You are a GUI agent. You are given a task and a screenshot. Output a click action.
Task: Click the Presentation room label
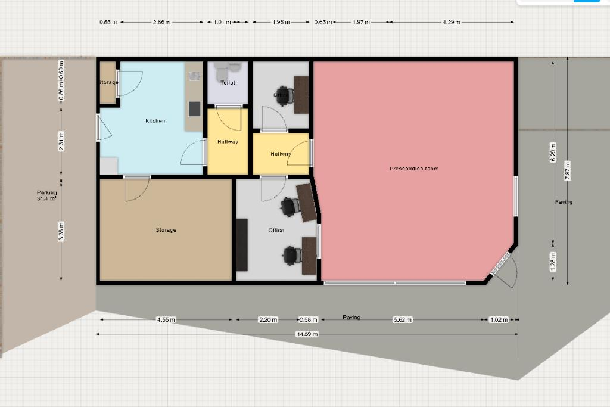tap(413, 169)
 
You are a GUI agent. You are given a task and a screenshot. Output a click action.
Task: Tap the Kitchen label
tap(155, 121)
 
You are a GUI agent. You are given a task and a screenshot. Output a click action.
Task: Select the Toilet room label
tap(228, 83)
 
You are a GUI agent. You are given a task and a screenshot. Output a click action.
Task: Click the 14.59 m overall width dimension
tap(307, 334)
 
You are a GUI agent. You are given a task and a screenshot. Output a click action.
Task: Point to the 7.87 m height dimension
tap(567, 172)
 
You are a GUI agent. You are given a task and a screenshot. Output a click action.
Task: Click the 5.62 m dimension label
tap(403, 320)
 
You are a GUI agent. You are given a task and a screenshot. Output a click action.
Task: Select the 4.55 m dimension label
tap(166, 320)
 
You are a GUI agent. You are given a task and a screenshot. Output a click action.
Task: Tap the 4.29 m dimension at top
tap(452, 23)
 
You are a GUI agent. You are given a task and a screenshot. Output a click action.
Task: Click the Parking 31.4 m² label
tap(46, 195)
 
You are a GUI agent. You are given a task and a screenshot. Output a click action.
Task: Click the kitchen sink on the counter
tap(194, 76)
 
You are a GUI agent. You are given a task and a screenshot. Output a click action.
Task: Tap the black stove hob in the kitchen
tap(194, 109)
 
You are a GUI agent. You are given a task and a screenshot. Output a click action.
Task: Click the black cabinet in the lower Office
tap(241, 245)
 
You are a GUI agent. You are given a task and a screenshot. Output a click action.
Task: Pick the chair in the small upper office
tap(284, 95)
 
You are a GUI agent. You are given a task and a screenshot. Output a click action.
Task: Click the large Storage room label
tap(166, 230)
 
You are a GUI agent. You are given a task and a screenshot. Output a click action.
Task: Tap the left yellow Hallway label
tap(228, 142)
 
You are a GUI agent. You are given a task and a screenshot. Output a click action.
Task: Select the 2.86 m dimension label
tap(161, 23)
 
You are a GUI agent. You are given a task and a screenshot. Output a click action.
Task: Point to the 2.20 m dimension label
tap(267, 320)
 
